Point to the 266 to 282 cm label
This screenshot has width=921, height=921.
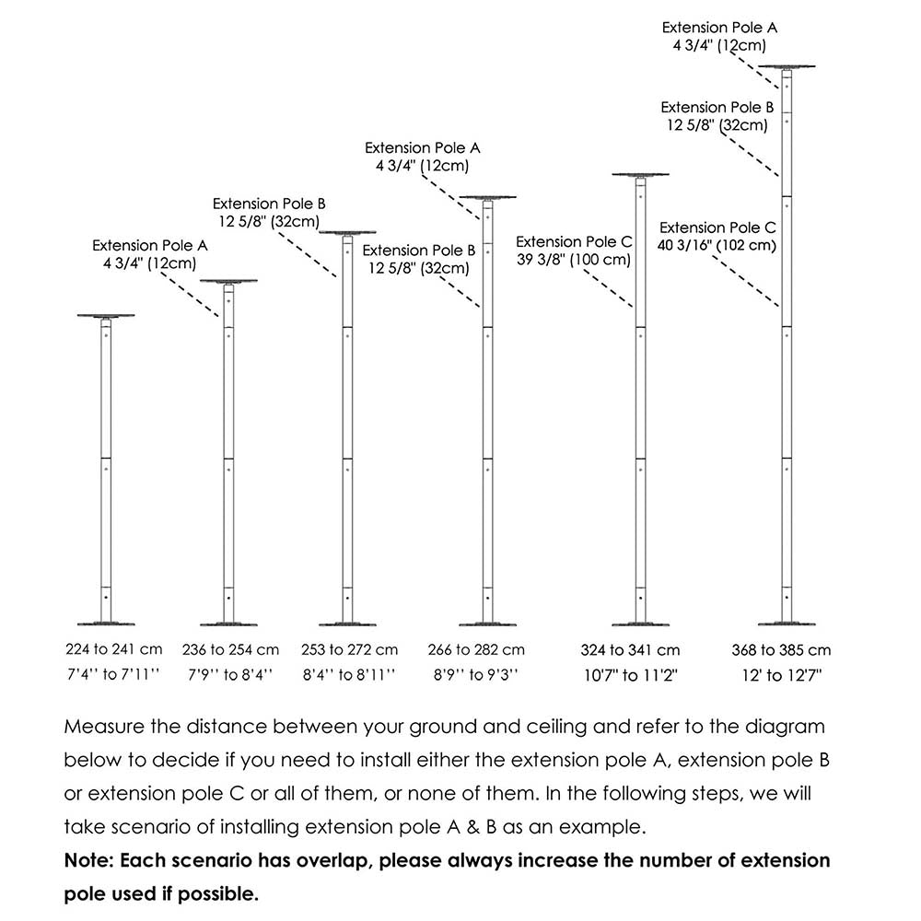(476, 650)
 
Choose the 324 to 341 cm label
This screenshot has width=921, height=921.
(631, 650)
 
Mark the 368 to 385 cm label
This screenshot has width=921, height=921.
(782, 650)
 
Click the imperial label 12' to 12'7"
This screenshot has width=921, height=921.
(782, 675)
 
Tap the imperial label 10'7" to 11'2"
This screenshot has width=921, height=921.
(631, 675)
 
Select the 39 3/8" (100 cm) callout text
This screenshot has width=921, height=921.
(574, 260)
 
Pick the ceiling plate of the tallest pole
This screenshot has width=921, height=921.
(788, 67)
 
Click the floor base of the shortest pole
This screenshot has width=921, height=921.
(106, 624)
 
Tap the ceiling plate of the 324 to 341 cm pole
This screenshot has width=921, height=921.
(640, 174)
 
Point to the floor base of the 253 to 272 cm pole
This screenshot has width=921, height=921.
(347, 624)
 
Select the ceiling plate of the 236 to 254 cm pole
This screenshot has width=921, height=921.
(227, 282)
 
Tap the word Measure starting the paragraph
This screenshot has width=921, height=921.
(103, 727)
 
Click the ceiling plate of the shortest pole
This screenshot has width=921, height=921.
(106, 316)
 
